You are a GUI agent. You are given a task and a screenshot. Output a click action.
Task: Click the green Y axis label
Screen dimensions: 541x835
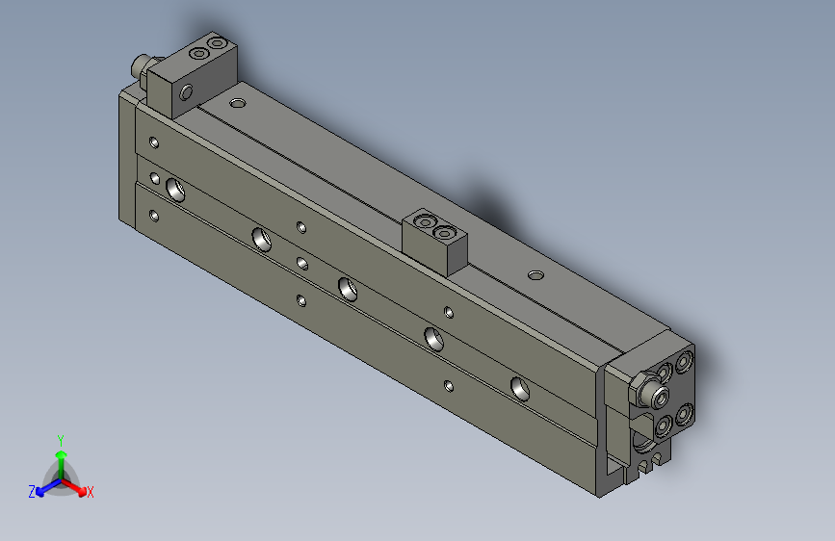pyautogui.click(x=60, y=439)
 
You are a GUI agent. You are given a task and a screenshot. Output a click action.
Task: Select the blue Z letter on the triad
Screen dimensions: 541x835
pyautogui.click(x=32, y=492)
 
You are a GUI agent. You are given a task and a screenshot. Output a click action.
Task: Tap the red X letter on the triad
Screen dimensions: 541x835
pyautogui.click(x=91, y=493)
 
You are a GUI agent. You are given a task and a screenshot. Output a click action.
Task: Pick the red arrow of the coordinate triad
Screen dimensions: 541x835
pyautogui.click(x=76, y=485)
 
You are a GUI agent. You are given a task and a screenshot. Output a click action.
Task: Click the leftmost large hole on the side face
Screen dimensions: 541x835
pyautogui.click(x=176, y=188)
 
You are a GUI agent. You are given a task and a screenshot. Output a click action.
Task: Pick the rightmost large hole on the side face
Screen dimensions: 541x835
pyautogui.click(x=521, y=388)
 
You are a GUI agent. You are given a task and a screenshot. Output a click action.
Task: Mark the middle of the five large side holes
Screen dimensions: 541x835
pyautogui.click(x=348, y=286)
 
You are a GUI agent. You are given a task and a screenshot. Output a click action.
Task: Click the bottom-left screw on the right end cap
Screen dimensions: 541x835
pyautogui.click(x=664, y=425)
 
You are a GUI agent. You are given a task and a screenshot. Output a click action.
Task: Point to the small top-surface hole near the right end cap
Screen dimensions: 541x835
pyautogui.click(x=536, y=276)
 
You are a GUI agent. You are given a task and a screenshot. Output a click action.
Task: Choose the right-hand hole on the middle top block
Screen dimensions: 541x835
pyautogui.click(x=444, y=232)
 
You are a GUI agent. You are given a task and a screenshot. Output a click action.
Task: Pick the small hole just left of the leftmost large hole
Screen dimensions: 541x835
pyautogui.click(x=155, y=178)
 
